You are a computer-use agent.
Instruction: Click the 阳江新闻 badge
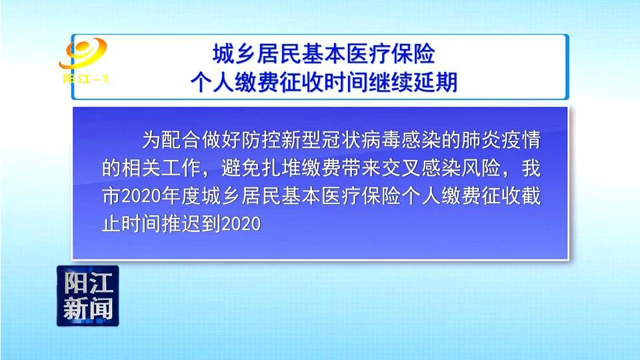pyautogui.click(x=88, y=296)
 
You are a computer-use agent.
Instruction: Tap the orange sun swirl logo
pyautogui.click(x=83, y=53)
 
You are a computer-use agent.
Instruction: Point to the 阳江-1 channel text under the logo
pyautogui.click(x=86, y=79)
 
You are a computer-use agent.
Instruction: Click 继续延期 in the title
pyautogui.click(x=413, y=82)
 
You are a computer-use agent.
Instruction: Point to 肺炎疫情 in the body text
pyautogui.click(x=501, y=139)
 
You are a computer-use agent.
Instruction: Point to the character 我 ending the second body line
pyautogui.click(x=531, y=168)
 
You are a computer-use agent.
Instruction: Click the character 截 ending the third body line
pyautogui.click(x=531, y=196)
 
